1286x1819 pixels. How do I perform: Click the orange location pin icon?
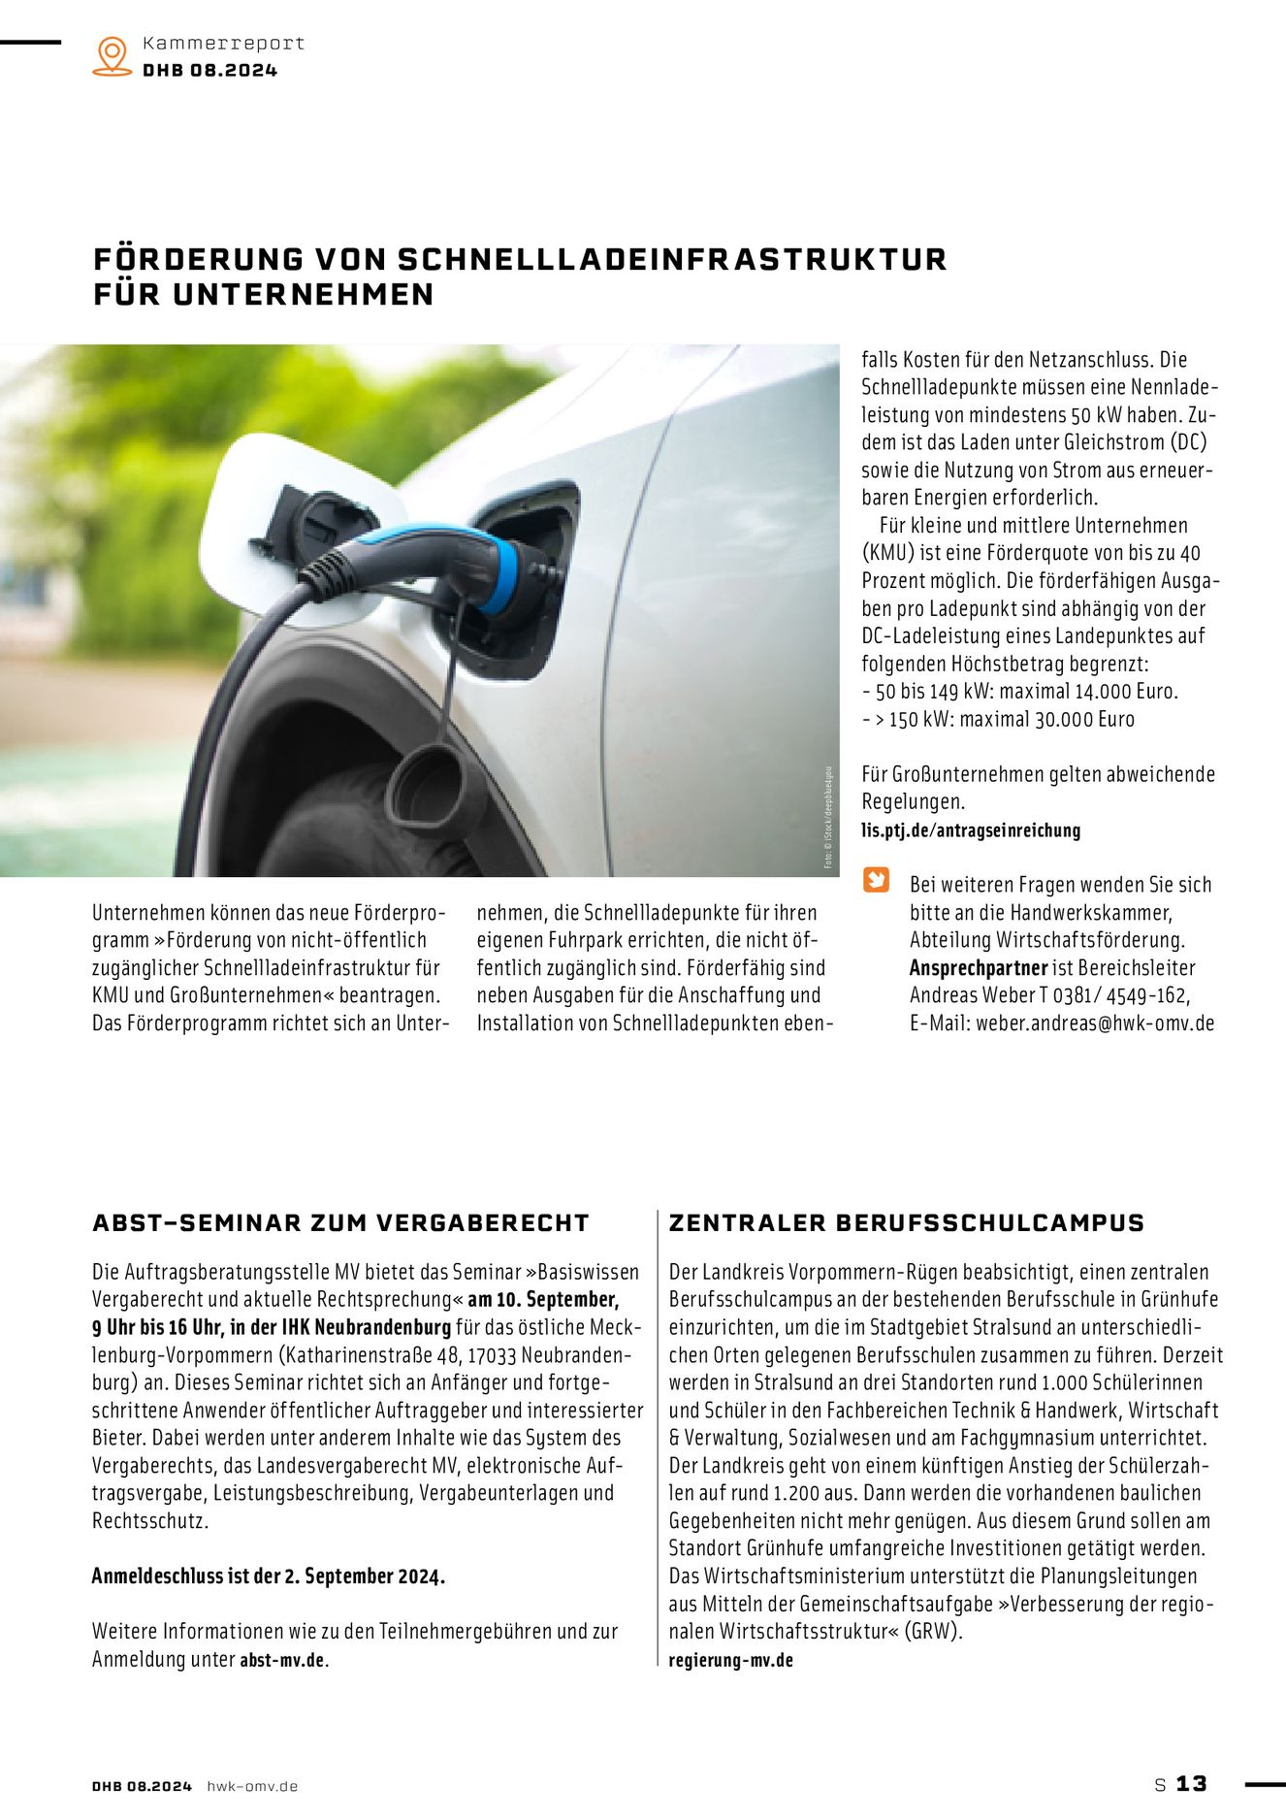tap(113, 55)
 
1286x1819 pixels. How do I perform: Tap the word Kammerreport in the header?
tap(223, 44)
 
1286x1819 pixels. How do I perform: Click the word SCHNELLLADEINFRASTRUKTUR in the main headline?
tap(672, 259)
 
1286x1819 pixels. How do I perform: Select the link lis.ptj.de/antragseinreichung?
tap(971, 830)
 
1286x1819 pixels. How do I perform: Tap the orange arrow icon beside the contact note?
tap(876, 880)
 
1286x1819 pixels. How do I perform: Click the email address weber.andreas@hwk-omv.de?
tap(1095, 1023)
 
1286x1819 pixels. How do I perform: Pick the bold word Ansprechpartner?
tap(979, 968)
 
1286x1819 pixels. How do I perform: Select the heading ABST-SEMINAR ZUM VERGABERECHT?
tap(340, 1223)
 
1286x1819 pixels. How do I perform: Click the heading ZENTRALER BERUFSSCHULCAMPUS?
tap(907, 1223)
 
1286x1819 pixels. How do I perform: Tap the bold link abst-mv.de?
tap(282, 1660)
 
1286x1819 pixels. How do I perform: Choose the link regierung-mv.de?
tap(730, 1660)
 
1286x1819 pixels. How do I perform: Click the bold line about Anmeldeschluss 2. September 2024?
tap(269, 1576)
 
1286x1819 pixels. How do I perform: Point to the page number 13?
tap(1191, 1784)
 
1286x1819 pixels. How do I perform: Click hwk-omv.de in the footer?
tap(252, 1786)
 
